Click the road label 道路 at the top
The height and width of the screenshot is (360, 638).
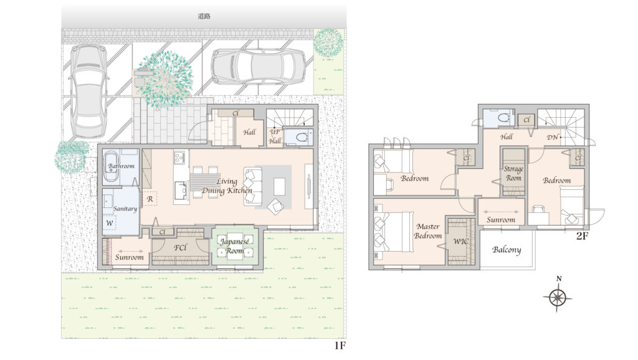(x=204, y=16)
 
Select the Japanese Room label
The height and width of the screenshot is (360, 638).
(x=235, y=245)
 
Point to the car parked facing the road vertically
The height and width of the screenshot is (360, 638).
(x=88, y=92)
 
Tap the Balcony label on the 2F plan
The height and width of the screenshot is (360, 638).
(x=507, y=250)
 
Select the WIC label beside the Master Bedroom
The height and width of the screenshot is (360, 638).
(x=461, y=241)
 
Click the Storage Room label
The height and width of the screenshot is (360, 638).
(x=513, y=173)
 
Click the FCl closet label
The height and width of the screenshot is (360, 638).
(x=180, y=247)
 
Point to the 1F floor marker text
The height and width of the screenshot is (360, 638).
(x=340, y=346)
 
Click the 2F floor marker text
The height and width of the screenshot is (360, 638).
(x=583, y=235)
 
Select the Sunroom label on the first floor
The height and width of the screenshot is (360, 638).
(x=130, y=257)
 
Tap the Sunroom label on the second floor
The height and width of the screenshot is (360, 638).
(x=501, y=220)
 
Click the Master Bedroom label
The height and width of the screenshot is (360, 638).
(x=428, y=231)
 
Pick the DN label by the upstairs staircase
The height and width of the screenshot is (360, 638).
(x=553, y=138)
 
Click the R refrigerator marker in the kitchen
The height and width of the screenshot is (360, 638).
(x=150, y=199)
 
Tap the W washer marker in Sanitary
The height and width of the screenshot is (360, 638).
(x=110, y=224)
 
